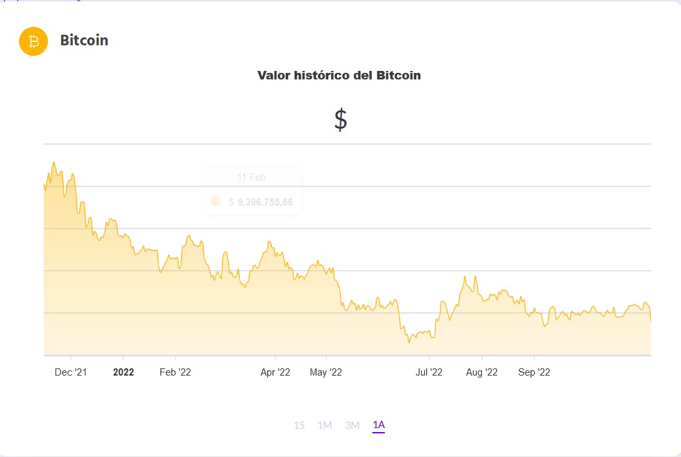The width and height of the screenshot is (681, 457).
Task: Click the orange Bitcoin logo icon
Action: [x=33, y=41]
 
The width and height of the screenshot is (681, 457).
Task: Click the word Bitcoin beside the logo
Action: [x=84, y=41]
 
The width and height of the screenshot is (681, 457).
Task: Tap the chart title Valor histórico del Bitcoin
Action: [x=339, y=76]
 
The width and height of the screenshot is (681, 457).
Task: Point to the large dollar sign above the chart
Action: [x=340, y=120]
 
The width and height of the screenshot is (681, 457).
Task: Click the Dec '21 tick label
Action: [x=71, y=372]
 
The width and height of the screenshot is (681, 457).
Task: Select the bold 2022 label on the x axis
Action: [x=123, y=372]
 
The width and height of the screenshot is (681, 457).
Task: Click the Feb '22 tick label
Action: [x=175, y=372]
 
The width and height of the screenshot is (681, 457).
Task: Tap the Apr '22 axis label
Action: [x=275, y=372]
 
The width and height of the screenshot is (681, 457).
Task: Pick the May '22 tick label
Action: [x=326, y=372]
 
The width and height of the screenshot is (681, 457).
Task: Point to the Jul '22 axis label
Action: [x=429, y=372]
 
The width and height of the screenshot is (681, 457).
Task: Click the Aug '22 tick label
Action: [x=482, y=372]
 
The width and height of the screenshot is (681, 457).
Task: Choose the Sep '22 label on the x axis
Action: [x=535, y=372]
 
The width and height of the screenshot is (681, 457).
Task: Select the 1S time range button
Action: [x=299, y=425]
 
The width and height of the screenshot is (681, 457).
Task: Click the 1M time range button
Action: [x=324, y=425]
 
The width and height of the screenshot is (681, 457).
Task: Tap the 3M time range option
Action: [x=352, y=425]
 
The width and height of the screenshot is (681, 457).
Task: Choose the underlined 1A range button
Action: [x=378, y=425]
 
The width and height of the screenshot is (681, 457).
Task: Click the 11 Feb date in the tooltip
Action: [x=252, y=177]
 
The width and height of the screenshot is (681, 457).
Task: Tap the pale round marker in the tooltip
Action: [x=216, y=202]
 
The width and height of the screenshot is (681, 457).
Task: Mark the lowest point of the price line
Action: [x=408, y=343]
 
